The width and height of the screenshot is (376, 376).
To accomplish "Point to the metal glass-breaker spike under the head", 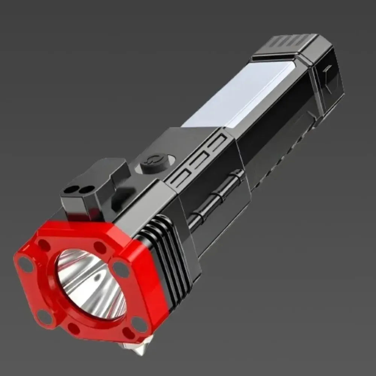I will click(x=139, y=346).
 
